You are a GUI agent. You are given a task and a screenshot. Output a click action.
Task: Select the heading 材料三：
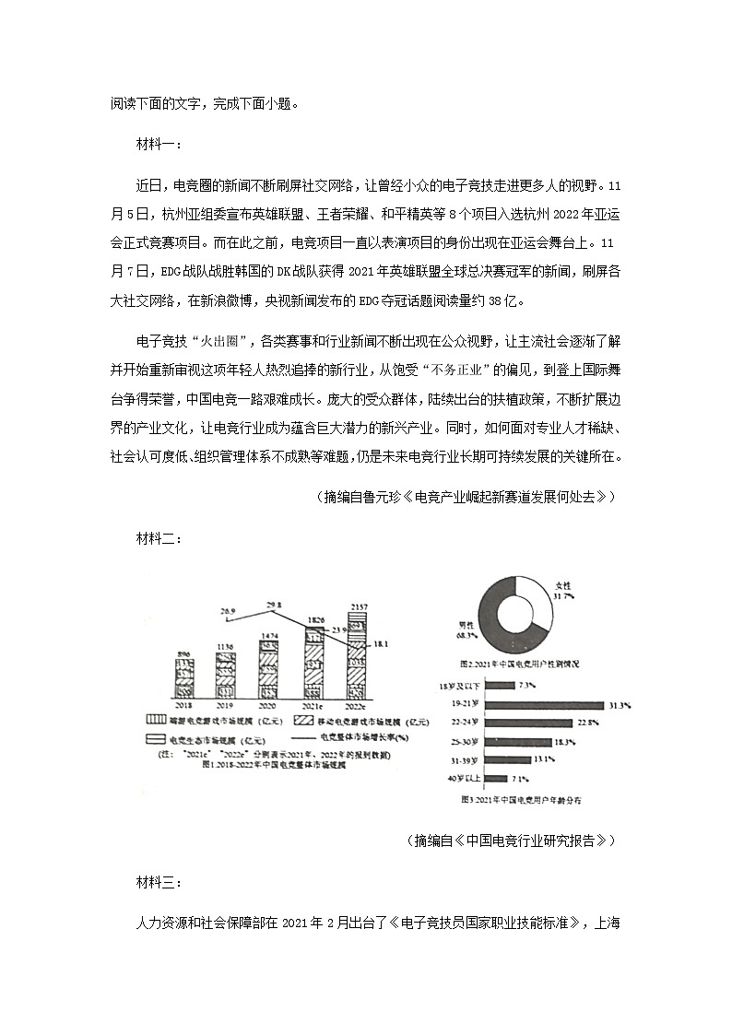[x=159, y=884]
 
